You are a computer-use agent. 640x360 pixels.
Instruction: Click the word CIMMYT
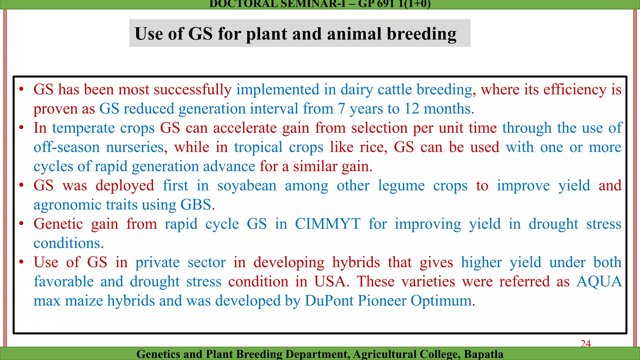(327, 224)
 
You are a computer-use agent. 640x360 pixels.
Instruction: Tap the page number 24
(586, 343)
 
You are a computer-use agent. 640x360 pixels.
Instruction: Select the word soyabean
(247, 186)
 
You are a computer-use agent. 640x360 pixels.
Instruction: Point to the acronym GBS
(196, 205)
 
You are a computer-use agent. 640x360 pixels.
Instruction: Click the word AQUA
(599, 282)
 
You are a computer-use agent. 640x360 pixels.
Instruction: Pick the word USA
(331, 282)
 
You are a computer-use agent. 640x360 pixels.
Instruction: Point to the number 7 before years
(341, 109)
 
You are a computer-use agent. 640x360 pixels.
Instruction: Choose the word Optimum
(442, 301)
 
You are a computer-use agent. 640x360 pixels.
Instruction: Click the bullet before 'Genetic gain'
(21, 224)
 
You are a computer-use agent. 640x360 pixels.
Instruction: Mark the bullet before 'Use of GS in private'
(21, 262)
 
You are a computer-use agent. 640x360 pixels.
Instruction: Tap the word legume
(401, 186)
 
